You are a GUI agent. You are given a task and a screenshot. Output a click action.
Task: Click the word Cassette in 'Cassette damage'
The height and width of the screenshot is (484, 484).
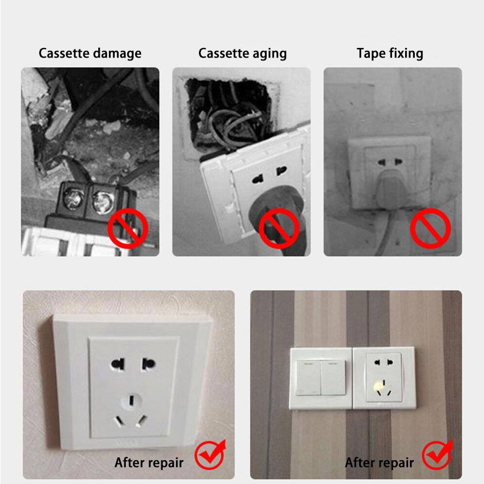pos(63,53)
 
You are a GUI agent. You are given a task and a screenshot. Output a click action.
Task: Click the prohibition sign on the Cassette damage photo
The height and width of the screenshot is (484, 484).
pos(128,228)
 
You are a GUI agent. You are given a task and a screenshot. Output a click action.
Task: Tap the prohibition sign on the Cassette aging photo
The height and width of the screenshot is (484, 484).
pos(279,228)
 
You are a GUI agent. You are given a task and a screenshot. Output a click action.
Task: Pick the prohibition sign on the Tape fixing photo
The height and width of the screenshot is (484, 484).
pos(430,228)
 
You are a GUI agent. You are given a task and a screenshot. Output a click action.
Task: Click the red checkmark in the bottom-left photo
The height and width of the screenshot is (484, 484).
pos(211,454)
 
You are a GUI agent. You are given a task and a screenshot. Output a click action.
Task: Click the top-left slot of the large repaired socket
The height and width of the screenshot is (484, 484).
pos(118,364)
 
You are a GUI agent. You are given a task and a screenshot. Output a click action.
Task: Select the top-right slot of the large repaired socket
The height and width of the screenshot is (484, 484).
pos(148,364)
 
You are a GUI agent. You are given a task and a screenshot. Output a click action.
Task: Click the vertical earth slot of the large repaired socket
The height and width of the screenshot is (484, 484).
pos(132,400)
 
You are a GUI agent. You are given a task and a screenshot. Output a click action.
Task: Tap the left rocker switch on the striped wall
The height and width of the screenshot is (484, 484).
pos(308,378)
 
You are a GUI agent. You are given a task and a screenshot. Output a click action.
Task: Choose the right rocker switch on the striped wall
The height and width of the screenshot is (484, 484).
pos(333,378)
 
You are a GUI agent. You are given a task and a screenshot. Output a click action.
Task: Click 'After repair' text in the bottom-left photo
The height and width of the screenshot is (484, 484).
pos(149,463)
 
